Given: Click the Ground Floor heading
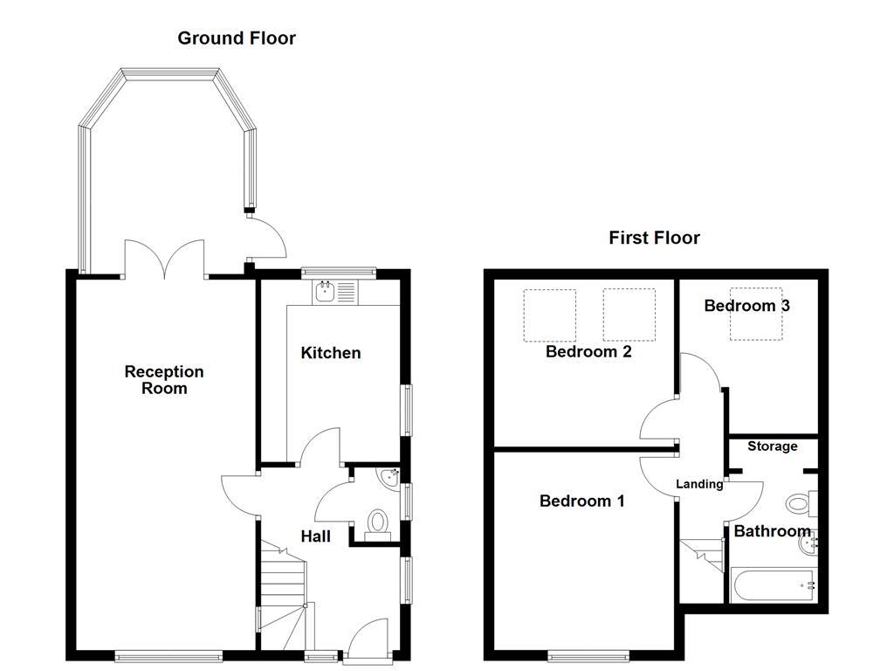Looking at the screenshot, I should pos(237,38).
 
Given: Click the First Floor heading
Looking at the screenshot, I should pos(654,238).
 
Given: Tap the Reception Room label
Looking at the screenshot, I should pos(164,380).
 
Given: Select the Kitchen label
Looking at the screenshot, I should pos(330,353).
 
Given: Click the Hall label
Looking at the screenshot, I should pos(315,536).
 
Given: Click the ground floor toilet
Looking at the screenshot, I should pos(378,523).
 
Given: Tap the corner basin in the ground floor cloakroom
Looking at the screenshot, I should pos(389,477).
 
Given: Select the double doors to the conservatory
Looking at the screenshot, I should pos(165,260).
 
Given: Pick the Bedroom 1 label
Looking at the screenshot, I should pos(581,502).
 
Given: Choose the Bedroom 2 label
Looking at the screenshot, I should pos(588,352).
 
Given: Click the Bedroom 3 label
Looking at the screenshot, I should pos(747,306).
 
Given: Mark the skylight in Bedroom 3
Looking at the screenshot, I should pos(757,314).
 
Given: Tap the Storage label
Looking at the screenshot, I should pos(773,446).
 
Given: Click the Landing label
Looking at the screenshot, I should pos(699,484).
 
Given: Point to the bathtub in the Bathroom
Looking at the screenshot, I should pos(773,585).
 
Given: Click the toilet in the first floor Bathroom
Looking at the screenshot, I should pos(799,504).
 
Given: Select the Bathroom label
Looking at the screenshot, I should pos(772,531).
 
